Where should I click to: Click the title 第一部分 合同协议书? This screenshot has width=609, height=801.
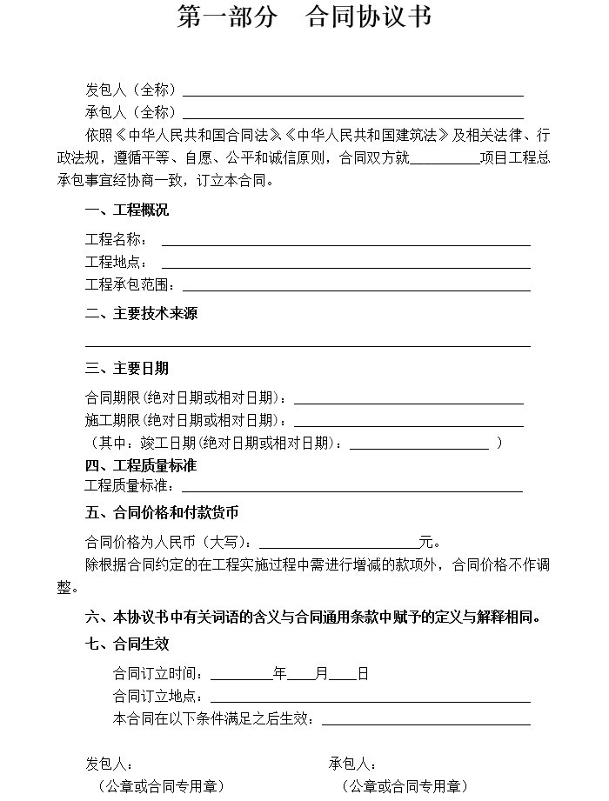click(x=304, y=17)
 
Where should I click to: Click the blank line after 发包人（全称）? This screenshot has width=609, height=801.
click(x=352, y=91)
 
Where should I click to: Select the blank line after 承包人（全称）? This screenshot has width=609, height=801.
click(x=352, y=114)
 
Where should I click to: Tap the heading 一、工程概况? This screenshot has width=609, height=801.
click(x=127, y=210)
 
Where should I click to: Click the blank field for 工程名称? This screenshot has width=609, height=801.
click(x=345, y=242)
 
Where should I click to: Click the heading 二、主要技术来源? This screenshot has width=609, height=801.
click(x=141, y=313)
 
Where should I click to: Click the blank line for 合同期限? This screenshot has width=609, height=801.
click(x=409, y=400)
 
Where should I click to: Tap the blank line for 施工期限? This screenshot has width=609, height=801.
click(x=409, y=423)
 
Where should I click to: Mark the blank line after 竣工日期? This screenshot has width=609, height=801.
click(x=418, y=445)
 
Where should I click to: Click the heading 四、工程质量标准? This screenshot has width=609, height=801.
click(x=141, y=466)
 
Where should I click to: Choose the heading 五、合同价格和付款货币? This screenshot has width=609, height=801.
click(x=162, y=512)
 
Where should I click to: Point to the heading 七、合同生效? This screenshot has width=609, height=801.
click(x=127, y=644)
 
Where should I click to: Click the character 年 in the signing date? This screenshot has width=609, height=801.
click(x=280, y=674)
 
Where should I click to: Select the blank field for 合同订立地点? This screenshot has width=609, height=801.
click(x=370, y=698)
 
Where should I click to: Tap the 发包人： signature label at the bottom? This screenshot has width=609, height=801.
click(x=109, y=764)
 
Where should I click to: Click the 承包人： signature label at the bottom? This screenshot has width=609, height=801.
click(x=352, y=764)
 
